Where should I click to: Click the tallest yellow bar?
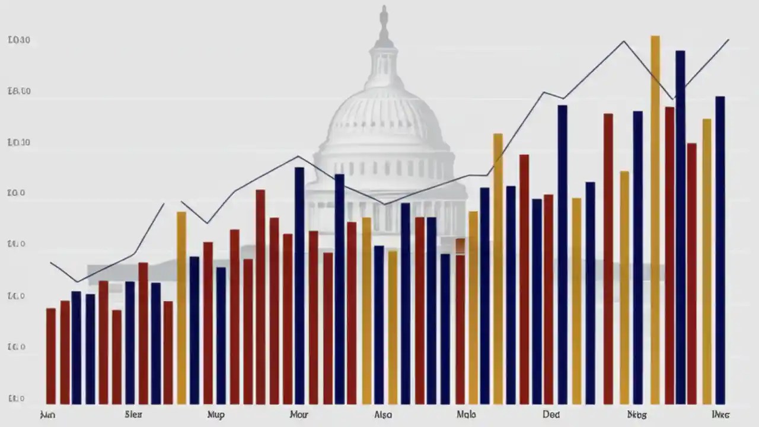point(655,219)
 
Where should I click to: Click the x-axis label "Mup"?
point(215,415)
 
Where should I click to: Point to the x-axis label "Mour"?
point(299,415)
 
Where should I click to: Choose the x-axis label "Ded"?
point(551,415)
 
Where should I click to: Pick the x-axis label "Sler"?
point(134,415)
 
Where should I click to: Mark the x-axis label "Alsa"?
point(384,415)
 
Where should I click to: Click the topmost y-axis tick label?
point(20,40)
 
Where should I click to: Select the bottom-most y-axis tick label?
point(17,399)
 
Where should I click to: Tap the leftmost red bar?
point(51,356)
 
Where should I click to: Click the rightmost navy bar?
point(720,249)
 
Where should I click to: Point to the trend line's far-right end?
point(728,40)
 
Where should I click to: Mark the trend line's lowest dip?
point(77,281)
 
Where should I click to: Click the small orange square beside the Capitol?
point(461,245)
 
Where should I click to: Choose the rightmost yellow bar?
point(706,261)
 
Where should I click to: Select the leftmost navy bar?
point(76,347)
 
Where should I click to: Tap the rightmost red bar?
point(692,273)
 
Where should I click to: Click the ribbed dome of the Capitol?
point(384,116)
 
